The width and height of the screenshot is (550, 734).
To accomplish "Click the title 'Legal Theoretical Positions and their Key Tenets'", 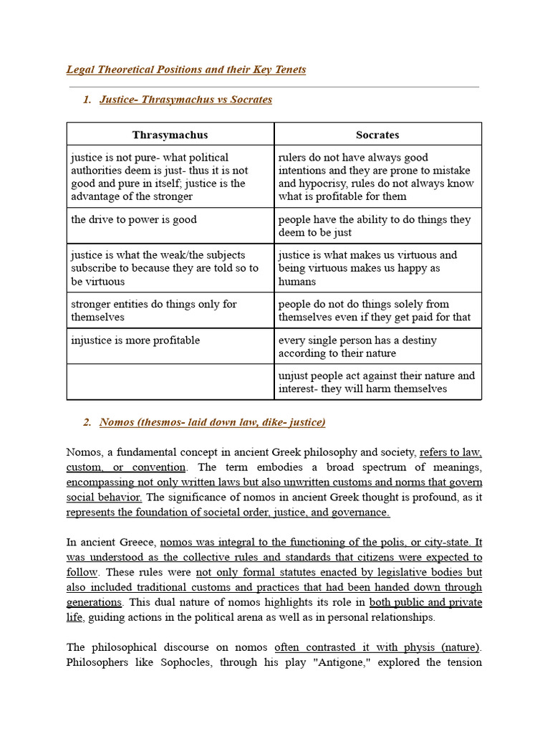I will click(186, 70).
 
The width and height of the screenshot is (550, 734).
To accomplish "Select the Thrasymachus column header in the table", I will click(170, 135).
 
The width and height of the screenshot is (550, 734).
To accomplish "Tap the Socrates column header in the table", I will click(377, 135).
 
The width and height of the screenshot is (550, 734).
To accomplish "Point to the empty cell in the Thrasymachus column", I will click(170, 381).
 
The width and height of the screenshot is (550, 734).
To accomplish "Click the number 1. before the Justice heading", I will click(87, 100).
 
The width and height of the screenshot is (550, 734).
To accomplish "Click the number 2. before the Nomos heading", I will click(87, 422).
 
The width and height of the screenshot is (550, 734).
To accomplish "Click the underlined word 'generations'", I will click(94, 602).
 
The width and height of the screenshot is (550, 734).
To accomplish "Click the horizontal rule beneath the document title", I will click(273, 87).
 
